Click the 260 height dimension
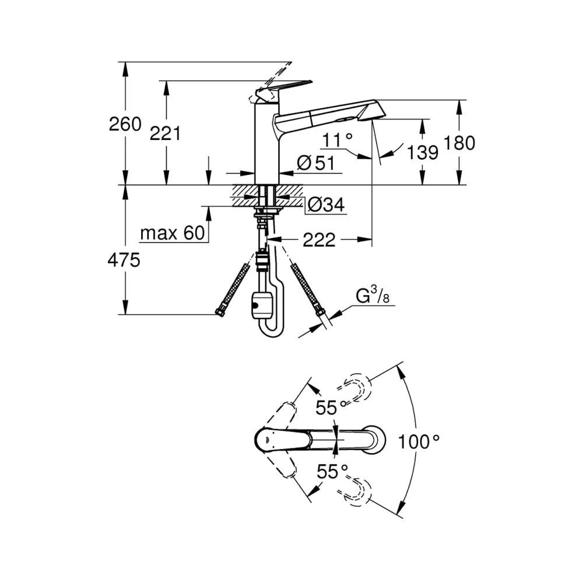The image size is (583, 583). click(x=125, y=124)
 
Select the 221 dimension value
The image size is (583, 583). click(x=165, y=133)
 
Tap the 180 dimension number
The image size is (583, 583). click(x=459, y=143)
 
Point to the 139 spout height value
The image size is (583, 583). click(x=423, y=152)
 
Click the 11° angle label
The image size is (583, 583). click(x=337, y=140)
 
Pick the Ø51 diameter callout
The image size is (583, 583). click(x=316, y=163)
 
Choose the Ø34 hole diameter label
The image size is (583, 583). click(x=326, y=204)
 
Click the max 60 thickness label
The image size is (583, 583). click(x=173, y=233)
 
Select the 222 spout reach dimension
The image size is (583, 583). click(x=319, y=240)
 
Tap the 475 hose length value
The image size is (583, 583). click(x=124, y=260)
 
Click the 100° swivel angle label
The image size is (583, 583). click(x=419, y=442)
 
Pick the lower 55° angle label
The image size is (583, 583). click(x=332, y=472)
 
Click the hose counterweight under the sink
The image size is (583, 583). click(x=263, y=306)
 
